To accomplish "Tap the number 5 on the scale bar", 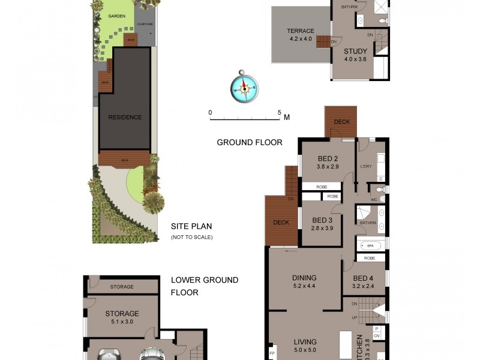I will tap(279, 112).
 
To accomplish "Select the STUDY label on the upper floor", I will tap(355, 51).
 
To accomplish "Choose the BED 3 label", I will tap(322, 220).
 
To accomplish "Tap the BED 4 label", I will tap(364, 278).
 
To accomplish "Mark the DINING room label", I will tap(304, 278).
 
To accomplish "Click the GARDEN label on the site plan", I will tap(116, 16).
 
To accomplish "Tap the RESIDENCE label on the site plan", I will tap(125, 117).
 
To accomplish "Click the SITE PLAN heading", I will tap(191, 227).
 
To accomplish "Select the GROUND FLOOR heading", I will tap(249, 142).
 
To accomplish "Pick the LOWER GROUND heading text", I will tap(204, 280).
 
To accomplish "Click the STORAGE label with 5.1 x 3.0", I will tap(122, 313).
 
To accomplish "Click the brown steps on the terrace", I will tap(323, 42).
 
